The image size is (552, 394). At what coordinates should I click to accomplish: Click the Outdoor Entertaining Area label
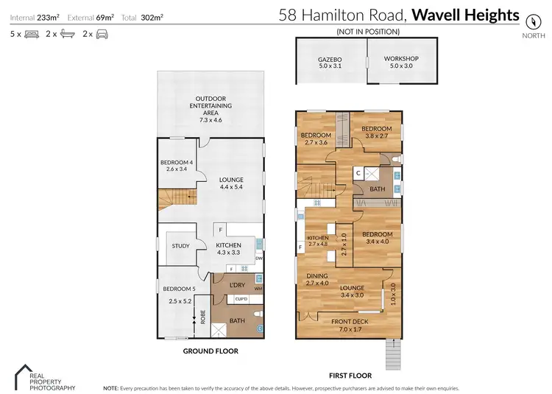tap(210, 105)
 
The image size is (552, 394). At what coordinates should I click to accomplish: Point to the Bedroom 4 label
tap(176, 163)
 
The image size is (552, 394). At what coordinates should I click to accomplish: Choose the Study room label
tap(180, 246)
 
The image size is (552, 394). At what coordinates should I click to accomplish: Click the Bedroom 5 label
tap(178, 289)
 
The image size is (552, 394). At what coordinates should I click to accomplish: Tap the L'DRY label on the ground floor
tap(237, 285)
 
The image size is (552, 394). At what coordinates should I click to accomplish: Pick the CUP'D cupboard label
tap(240, 299)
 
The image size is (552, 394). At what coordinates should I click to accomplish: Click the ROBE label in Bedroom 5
tap(203, 317)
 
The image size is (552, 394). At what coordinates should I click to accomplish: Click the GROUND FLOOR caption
tap(210, 351)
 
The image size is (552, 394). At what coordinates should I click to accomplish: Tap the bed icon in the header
tap(32, 34)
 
